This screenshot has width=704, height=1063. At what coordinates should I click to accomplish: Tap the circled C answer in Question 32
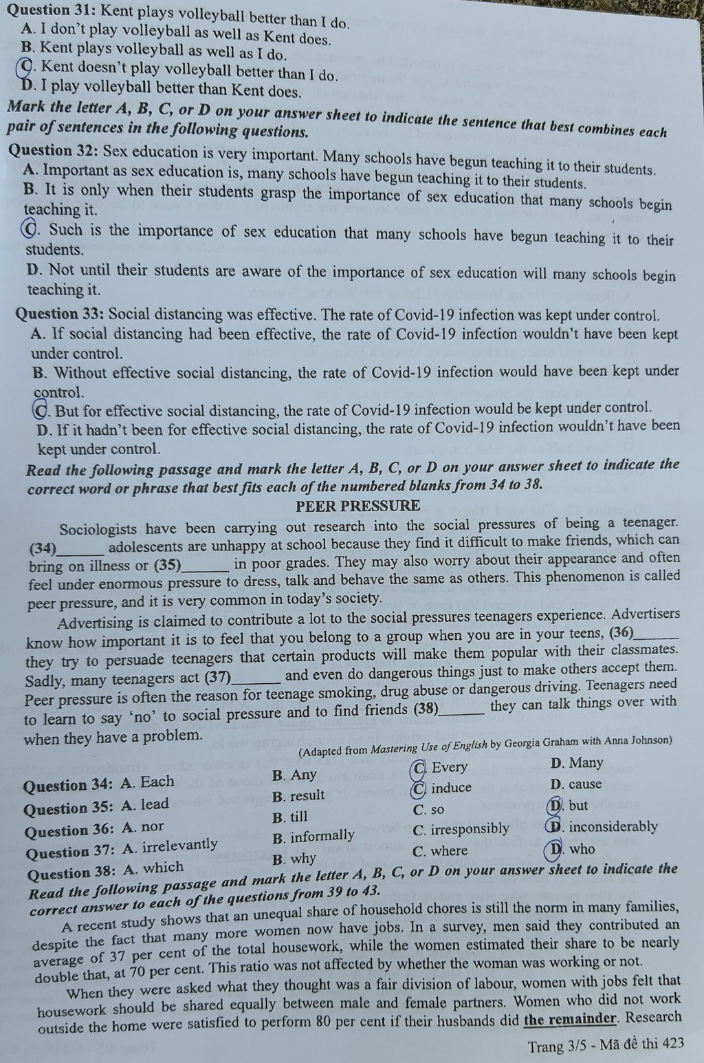point(30,228)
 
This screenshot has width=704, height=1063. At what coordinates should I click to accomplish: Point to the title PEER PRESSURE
point(357,506)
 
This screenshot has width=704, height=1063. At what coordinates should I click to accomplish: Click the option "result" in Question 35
point(298,796)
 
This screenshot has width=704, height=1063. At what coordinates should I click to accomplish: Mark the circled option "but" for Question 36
point(568,806)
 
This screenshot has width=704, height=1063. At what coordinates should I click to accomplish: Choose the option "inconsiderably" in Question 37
point(605,827)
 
